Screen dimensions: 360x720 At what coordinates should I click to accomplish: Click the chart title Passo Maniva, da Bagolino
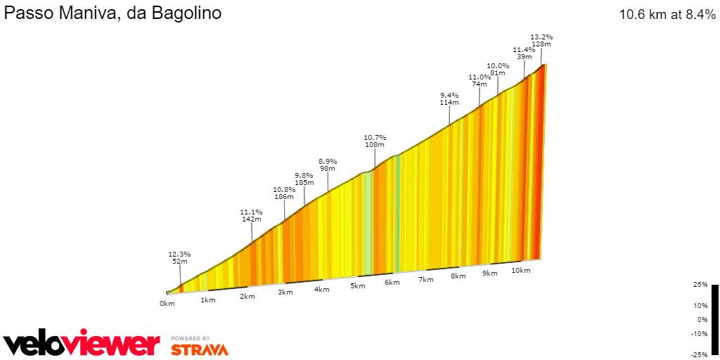pyautogui.click(x=113, y=13)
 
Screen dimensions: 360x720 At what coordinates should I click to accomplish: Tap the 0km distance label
pyautogui.click(x=167, y=304)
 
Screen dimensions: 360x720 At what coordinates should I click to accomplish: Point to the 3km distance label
pyautogui.click(x=285, y=292)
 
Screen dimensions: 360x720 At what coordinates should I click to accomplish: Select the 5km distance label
pyautogui.click(x=358, y=285)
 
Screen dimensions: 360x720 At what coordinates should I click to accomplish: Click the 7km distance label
pyautogui.click(x=425, y=280)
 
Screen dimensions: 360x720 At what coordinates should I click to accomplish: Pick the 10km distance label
pyautogui.click(x=521, y=270)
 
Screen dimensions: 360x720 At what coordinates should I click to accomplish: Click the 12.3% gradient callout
pyautogui.click(x=179, y=258)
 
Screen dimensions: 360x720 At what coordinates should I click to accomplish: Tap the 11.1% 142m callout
pyautogui.click(x=251, y=215)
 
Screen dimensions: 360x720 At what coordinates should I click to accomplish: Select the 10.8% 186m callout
pyautogui.click(x=284, y=193)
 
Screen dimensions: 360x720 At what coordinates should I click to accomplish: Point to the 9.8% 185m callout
pyautogui.click(x=304, y=179)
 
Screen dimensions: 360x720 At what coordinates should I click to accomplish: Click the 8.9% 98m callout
pyautogui.click(x=328, y=165)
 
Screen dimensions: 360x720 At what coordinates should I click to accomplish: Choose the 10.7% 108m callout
pyautogui.click(x=375, y=141)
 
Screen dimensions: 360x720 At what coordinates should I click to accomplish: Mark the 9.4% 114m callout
pyautogui.click(x=449, y=98)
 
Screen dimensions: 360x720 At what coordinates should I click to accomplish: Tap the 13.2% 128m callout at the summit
pyautogui.click(x=541, y=40)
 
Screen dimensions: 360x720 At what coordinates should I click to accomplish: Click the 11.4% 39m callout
pyautogui.click(x=524, y=53)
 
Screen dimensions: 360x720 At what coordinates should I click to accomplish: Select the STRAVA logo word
pyautogui.click(x=200, y=349)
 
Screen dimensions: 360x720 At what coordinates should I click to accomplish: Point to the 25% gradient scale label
pyautogui.click(x=700, y=285)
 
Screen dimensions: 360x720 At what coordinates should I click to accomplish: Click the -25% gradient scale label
pyautogui.click(x=698, y=353)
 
